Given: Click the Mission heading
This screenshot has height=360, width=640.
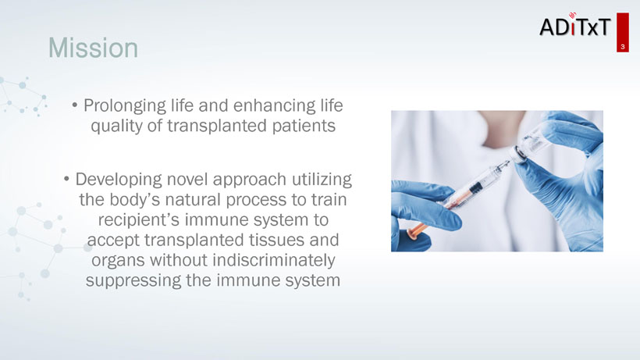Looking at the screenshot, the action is (93, 48).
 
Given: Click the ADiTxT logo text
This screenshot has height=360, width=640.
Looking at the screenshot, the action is (574, 26).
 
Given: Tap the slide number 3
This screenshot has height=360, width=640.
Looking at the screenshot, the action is (623, 47).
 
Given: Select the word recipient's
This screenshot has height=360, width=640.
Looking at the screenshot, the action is (138, 220).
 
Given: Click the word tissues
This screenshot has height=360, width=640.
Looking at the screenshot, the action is (277, 240).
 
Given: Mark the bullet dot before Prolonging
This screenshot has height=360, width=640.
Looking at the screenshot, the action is (74, 105).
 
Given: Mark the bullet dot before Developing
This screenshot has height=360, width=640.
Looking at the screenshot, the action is (66, 180).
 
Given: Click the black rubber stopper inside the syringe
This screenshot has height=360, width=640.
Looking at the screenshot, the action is (475, 188).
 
